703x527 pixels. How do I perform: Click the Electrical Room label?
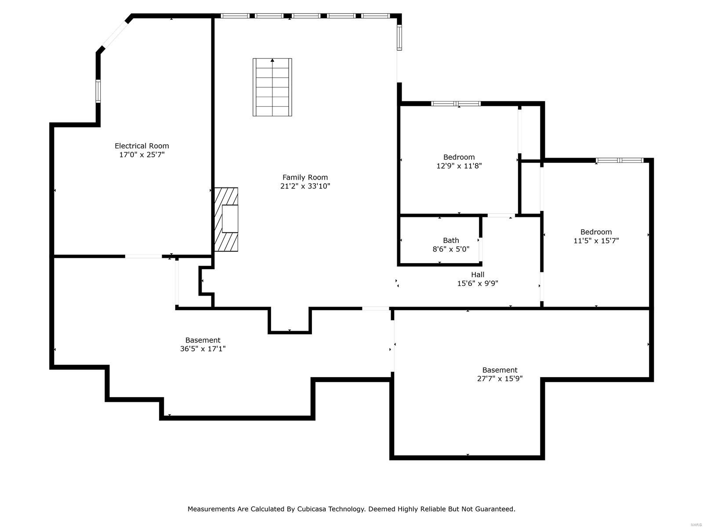[141, 146]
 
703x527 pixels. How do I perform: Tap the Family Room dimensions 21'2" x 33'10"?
[305, 186]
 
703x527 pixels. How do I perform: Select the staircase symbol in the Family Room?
[272, 87]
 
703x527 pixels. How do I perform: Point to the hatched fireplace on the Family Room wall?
[226, 220]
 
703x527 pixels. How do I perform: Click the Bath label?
[451, 240]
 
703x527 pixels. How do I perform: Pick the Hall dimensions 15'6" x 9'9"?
[478, 284]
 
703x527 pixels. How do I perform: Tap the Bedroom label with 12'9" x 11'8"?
[459, 157]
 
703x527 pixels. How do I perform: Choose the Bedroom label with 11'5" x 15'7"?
[596, 232]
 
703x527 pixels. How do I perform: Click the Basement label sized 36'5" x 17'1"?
[203, 340]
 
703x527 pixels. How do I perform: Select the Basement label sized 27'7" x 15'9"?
[500, 370]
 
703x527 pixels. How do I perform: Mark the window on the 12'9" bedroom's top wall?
[456, 104]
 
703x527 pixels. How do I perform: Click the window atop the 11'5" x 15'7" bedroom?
[620, 160]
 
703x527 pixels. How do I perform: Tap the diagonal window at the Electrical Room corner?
[114, 35]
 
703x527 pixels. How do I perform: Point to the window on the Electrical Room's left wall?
[98, 91]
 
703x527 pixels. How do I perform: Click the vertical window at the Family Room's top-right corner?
[399, 37]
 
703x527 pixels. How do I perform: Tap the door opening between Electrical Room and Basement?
[143, 256]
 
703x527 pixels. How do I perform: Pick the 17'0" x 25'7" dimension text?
[141, 155]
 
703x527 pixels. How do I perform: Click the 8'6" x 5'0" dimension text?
[451, 249]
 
